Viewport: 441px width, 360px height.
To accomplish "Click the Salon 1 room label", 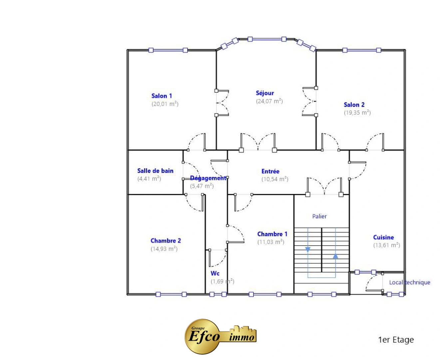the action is pos(162,96).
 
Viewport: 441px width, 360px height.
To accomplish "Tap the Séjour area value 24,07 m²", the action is pos(269,101).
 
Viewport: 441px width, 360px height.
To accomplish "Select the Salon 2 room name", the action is pos(354,105).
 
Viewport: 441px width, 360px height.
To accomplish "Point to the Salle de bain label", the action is pos(155,171).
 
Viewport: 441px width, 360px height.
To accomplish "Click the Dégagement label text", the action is pos(208,178).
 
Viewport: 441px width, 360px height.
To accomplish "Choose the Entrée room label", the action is pos(270,171).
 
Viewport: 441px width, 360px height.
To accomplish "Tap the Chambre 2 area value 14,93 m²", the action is pos(164,249).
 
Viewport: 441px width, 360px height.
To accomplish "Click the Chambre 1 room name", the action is pos(272,234).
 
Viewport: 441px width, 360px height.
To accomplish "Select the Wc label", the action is pos(215,273).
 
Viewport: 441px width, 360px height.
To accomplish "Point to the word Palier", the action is pos(319,216).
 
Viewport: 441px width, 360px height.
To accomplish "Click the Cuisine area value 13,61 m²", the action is pos(386,245).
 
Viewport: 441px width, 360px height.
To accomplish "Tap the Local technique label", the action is pos(409,282).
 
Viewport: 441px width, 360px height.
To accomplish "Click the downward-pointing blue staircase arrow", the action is pos(307,249).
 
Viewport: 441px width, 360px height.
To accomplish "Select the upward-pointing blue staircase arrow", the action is pos(335,256).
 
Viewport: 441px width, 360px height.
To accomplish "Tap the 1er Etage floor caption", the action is pos(396,339).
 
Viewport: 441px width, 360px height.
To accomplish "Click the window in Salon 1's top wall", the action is pos(168,50).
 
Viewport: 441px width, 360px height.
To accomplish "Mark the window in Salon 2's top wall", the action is pos(361,50).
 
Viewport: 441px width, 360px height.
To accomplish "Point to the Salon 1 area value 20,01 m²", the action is pos(165,104).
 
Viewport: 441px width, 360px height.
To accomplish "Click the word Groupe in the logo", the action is pos(198,328).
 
